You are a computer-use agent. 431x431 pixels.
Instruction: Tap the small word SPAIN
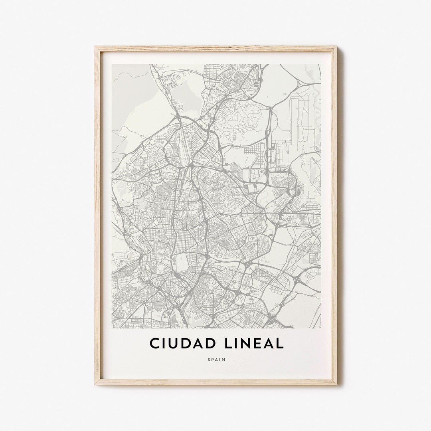coord(216,360)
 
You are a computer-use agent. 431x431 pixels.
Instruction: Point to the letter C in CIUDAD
coord(154,343)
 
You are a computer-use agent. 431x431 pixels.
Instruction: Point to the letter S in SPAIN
coord(209,360)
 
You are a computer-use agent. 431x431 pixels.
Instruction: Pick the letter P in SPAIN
coord(212,360)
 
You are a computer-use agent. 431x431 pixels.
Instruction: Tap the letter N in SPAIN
coord(224,360)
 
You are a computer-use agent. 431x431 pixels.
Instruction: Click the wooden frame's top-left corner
coord(96,47)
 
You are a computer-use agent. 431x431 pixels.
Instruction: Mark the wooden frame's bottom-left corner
coord(96,384)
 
